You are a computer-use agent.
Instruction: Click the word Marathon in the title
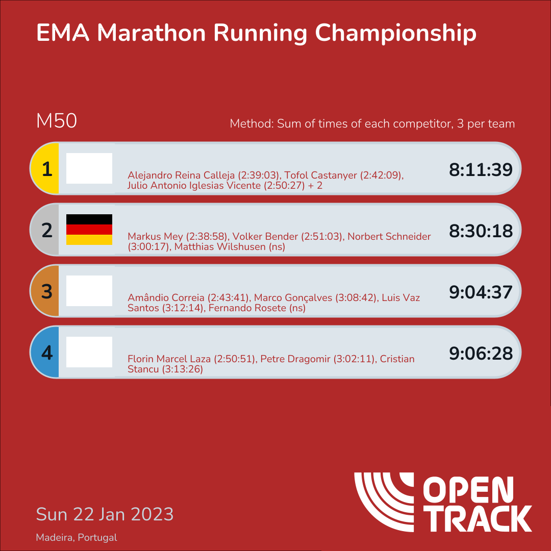click(152, 33)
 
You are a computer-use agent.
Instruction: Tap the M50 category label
click(56, 121)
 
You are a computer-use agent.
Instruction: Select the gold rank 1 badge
click(46, 169)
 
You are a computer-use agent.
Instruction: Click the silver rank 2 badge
click(46, 230)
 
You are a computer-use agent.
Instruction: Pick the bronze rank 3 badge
click(46, 291)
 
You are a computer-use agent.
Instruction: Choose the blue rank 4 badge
click(46, 353)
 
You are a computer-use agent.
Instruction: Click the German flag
click(89, 230)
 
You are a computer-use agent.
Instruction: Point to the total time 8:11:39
click(481, 170)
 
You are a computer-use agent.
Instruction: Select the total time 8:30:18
click(481, 231)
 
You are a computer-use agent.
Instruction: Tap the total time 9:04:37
click(481, 292)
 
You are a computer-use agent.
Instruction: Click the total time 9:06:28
click(481, 354)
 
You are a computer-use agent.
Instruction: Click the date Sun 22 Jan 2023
click(105, 514)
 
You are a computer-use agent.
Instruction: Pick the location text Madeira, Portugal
click(77, 538)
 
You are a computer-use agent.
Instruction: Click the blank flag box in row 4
click(89, 352)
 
